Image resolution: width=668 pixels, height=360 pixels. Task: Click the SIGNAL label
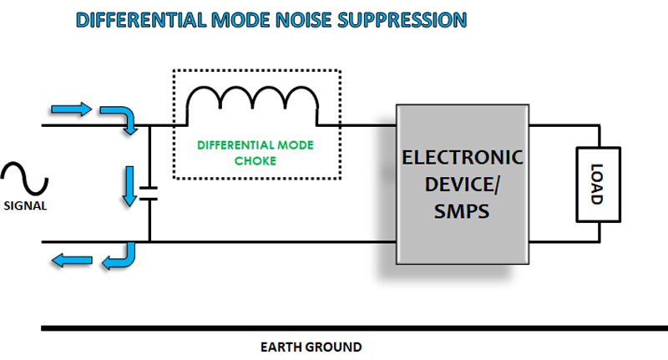point(24,207)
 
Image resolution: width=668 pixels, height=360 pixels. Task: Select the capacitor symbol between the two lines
point(149,195)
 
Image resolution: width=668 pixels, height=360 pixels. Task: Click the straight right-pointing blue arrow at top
point(70,109)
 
